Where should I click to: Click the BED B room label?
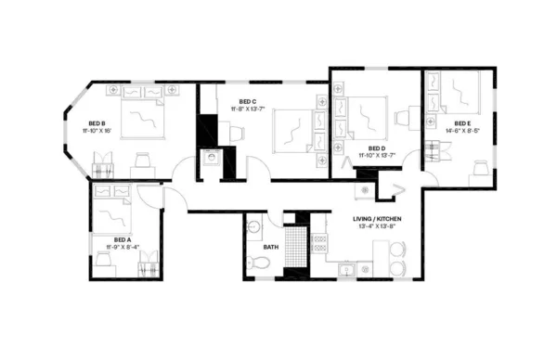(x=96, y=122)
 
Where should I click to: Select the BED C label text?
(x=246, y=101)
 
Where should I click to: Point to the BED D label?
(x=376, y=148)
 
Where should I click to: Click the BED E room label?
(x=461, y=123)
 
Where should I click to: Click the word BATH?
(x=271, y=247)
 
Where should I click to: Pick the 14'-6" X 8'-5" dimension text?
(x=461, y=131)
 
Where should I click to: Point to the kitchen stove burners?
(x=320, y=243)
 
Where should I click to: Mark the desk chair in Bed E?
(x=481, y=166)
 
